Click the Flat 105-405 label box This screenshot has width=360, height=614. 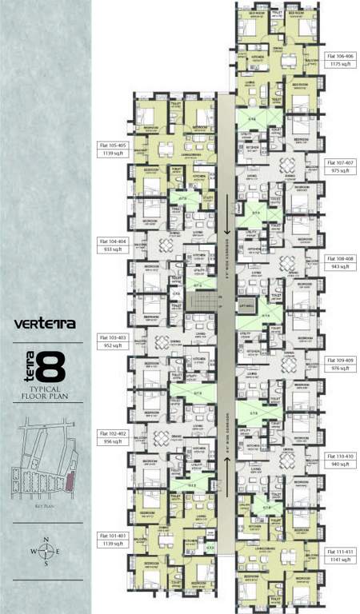111,149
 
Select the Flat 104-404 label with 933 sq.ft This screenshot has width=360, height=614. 111,244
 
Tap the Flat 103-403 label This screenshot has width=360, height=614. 111,341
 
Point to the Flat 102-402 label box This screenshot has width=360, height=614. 111,437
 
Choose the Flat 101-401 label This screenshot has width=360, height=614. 111,539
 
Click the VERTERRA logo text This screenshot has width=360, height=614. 46,325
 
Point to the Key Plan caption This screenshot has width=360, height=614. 46,507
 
